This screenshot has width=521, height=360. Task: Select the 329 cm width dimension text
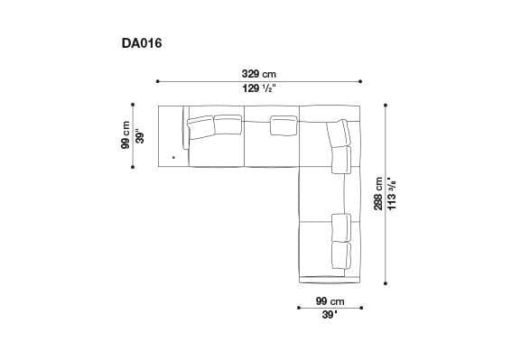click(x=259, y=73)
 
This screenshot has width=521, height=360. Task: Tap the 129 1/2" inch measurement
click(x=259, y=88)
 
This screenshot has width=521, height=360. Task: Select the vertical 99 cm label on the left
click(x=126, y=136)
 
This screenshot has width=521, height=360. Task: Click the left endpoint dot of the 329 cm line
click(x=157, y=80)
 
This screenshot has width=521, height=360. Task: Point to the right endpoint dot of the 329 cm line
click(x=361, y=80)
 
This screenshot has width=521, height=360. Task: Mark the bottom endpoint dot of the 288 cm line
click(x=386, y=282)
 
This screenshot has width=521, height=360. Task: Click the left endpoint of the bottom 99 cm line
click(x=299, y=308)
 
